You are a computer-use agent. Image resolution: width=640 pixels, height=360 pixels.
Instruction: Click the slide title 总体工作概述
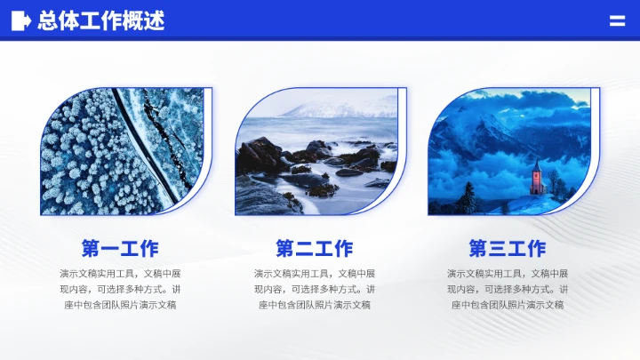100,21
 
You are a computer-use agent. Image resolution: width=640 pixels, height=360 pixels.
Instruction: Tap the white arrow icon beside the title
21,21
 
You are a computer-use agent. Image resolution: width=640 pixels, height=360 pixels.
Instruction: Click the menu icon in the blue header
617,21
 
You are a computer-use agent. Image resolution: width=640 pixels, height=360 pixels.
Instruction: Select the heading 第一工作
120,249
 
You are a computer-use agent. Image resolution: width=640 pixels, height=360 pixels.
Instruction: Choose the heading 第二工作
314,249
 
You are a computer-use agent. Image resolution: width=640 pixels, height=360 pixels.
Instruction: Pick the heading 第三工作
508,249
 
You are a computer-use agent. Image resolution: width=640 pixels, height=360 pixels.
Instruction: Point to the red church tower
536,179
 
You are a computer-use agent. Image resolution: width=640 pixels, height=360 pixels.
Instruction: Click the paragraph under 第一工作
120,289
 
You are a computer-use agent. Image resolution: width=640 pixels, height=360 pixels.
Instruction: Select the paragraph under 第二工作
314,289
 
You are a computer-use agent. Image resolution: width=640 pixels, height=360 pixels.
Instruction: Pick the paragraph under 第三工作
508,289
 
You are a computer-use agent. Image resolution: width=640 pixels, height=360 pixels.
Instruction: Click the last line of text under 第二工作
314,305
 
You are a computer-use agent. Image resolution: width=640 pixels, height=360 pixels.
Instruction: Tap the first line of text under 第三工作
508,273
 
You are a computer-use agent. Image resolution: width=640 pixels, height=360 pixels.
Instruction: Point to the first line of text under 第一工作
120,273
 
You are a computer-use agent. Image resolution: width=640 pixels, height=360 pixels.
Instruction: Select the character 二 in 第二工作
305,249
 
